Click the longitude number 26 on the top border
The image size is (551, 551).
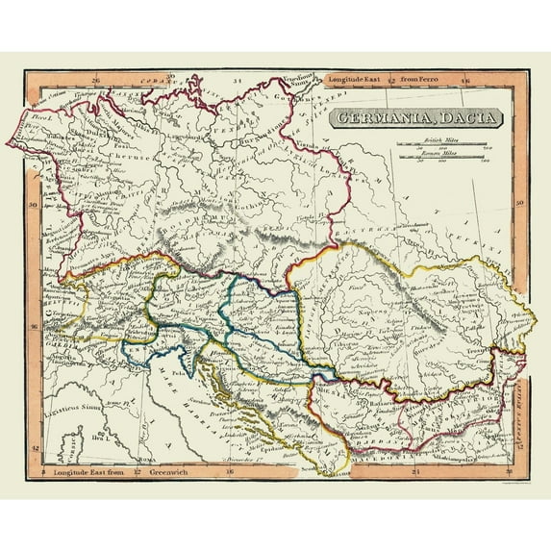93,79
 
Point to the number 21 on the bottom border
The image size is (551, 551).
414,471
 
